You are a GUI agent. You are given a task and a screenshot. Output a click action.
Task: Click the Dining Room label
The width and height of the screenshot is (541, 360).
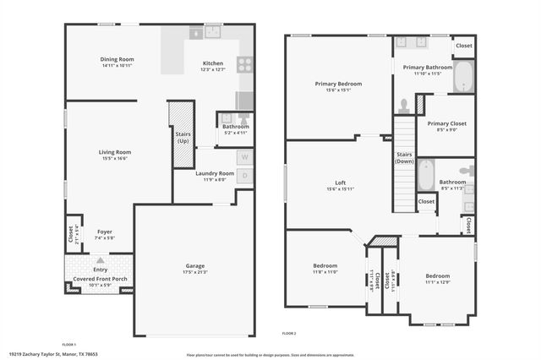(117, 59)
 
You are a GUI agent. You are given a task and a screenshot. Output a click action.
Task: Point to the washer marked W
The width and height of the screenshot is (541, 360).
(244, 157)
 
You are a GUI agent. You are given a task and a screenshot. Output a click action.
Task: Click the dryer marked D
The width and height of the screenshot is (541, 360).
(244, 176)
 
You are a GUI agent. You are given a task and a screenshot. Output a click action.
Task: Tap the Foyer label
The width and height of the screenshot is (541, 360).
(104, 232)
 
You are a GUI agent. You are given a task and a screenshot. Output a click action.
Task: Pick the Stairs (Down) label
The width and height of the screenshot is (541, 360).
(404, 157)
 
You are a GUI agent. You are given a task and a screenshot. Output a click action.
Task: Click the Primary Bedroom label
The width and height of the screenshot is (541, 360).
(338, 84)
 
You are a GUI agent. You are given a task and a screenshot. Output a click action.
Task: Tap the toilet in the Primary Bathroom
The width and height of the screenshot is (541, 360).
(404, 106)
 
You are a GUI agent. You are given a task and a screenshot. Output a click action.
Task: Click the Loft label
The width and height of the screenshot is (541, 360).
(340, 182)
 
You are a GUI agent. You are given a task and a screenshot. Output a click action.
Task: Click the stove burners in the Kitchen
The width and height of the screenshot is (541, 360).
(244, 63)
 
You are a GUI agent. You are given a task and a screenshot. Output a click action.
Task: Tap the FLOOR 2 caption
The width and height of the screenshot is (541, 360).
(290, 333)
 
